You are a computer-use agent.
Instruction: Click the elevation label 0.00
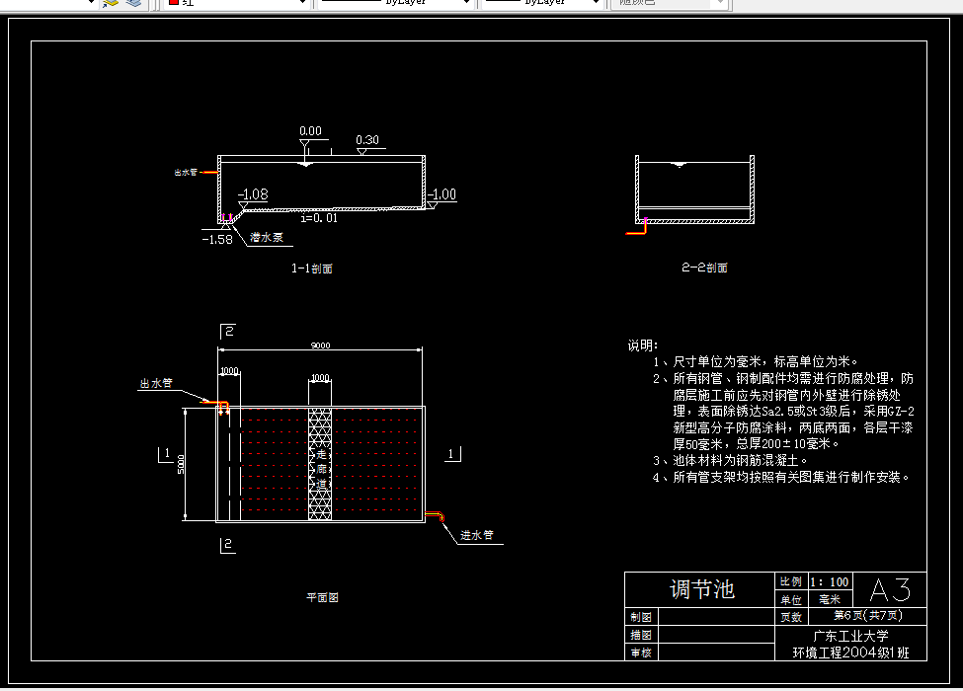click(310, 131)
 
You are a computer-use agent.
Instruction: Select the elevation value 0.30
click(366, 140)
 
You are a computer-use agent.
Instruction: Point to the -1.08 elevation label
click(254, 194)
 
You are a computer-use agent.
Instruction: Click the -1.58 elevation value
click(216, 239)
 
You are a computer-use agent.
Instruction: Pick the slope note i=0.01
click(319, 218)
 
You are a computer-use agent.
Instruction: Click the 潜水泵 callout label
click(267, 238)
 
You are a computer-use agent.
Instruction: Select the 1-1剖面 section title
click(311, 269)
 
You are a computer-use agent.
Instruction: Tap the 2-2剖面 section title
click(704, 268)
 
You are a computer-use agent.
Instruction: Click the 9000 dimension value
click(320, 345)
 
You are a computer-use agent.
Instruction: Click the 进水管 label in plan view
click(476, 536)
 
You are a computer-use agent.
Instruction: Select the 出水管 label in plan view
click(156, 383)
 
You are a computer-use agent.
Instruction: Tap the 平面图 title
click(322, 597)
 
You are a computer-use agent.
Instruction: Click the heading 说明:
click(642, 345)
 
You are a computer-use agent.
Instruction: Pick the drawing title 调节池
click(701, 590)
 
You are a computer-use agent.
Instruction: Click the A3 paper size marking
click(889, 590)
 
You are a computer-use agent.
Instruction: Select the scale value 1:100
click(829, 581)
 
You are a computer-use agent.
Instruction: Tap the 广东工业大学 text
click(850, 636)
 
